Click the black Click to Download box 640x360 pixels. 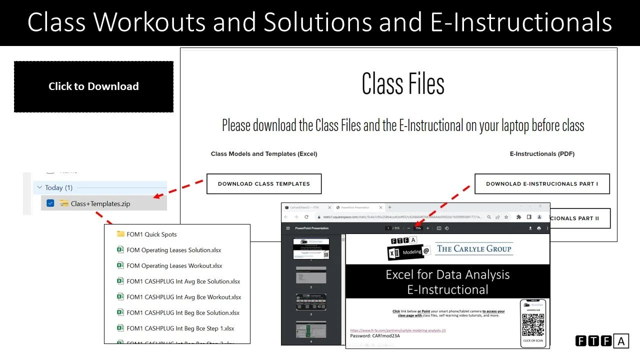click(x=93, y=86)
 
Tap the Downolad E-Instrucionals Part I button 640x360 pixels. click(x=542, y=184)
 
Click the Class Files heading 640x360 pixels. click(x=403, y=83)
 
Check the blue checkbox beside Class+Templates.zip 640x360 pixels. click(x=50, y=203)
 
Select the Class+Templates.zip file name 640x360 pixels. click(x=100, y=203)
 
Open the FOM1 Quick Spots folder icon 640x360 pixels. click(x=120, y=234)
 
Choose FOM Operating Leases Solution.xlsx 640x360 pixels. click(x=173, y=250)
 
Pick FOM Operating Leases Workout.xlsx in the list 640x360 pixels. click(x=174, y=265)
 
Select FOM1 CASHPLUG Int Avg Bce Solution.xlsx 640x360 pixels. click(x=183, y=281)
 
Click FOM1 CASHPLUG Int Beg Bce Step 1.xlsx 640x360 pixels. click(x=180, y=328)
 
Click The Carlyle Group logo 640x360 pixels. click(x=474, y=248)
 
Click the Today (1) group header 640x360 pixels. click(x=58, y=187)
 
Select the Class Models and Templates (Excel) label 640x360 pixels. click(x=264, y=154)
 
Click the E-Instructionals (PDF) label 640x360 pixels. click(x=542, y=154)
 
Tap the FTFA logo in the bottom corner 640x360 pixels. click(x=601, y=341)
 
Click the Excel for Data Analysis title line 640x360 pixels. click(x=447, y=274)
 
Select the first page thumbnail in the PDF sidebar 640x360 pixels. click(x=311, y=248)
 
